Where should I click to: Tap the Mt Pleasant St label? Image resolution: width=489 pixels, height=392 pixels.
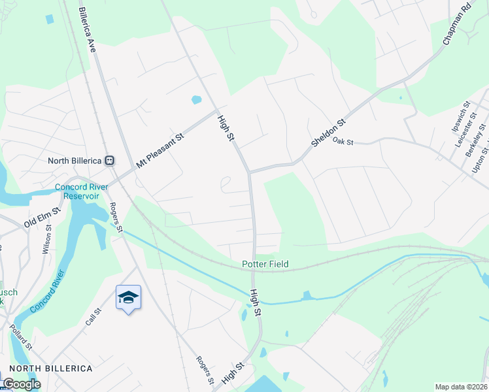click(x=160, y=149)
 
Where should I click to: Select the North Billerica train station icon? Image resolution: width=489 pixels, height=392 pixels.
click(x=110, y=160)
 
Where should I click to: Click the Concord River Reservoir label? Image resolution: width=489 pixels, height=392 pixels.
click(x=86, y=191)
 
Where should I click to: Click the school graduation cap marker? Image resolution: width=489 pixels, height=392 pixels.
click(x=128, y=297)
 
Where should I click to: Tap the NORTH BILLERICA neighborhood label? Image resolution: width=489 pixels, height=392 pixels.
click(x=51, y=368)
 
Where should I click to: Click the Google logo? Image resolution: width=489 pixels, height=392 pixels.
click(x=22, y=384)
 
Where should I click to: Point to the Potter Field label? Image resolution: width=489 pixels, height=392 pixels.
click(x=265, y=264)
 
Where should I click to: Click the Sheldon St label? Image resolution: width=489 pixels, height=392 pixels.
click(x=328, y=133)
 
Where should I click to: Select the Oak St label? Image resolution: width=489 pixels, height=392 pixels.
click(x=343, y=140)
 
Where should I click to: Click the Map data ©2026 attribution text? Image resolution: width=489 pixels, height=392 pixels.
click(x=462, y=387)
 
